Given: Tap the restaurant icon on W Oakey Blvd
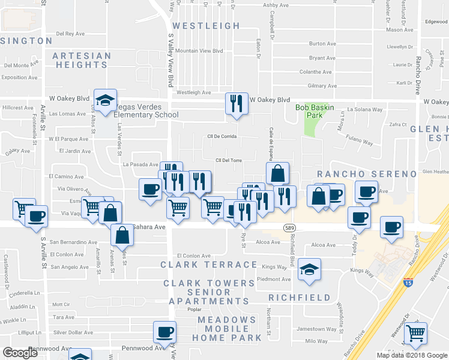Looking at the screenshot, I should (x=236, y=103).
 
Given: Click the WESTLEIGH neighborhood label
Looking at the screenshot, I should (x=206, y=26).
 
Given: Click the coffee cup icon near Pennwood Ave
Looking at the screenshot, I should (x=164, y=331).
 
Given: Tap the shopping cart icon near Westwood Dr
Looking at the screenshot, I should (x=415, y=333).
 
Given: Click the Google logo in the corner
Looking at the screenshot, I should (x=20, y=353).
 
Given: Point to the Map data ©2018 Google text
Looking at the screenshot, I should (x=411, y=355).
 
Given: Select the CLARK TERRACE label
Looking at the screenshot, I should (x=209, y=265).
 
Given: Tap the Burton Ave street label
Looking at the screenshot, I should (x=322, y=44).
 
